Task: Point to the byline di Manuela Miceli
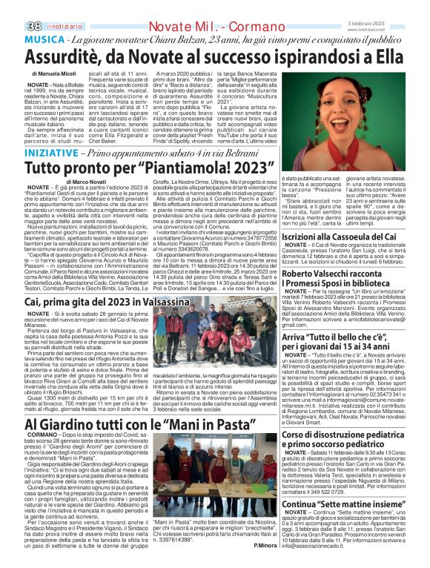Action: [x=57, y=76]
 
